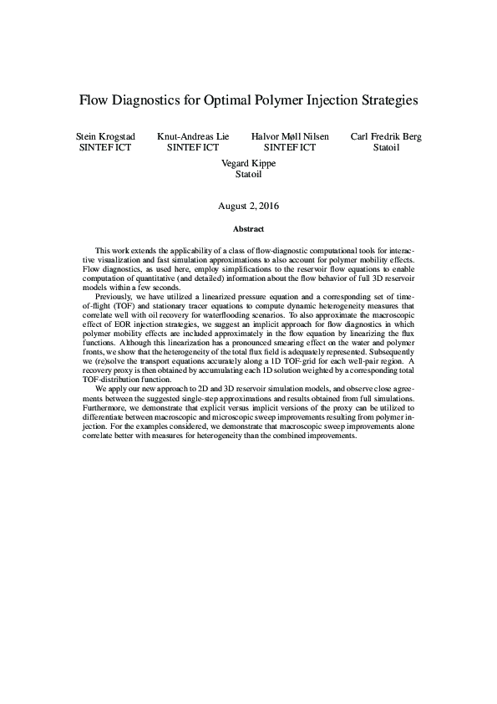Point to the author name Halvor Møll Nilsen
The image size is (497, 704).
click(290, 136)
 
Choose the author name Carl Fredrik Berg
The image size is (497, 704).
click(387, 136)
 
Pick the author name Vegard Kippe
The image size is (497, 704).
click(248, 164)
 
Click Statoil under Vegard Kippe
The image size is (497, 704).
click(248, 175)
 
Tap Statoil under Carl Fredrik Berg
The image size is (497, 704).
click(387, 147)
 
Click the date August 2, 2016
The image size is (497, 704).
click(248, 205)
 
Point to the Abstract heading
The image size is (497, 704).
click(248, 228)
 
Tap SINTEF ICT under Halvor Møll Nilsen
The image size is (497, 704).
click(290, 147)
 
